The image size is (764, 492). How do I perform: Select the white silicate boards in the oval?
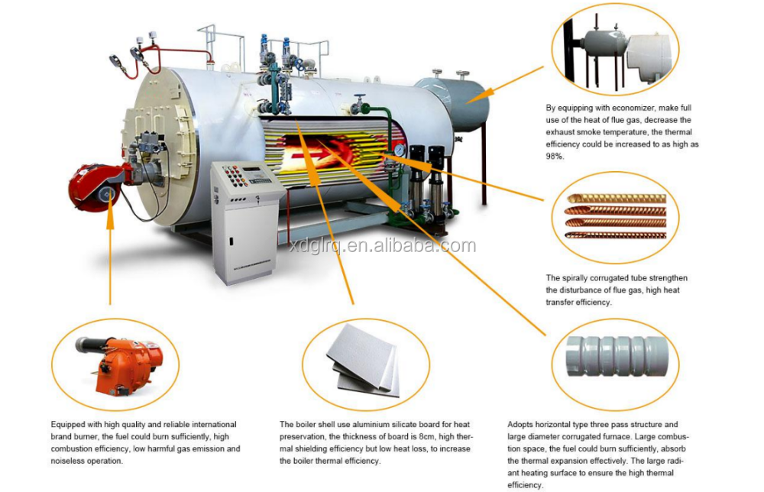(x=364, y=362)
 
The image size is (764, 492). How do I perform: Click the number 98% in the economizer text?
(x=555, y=156)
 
